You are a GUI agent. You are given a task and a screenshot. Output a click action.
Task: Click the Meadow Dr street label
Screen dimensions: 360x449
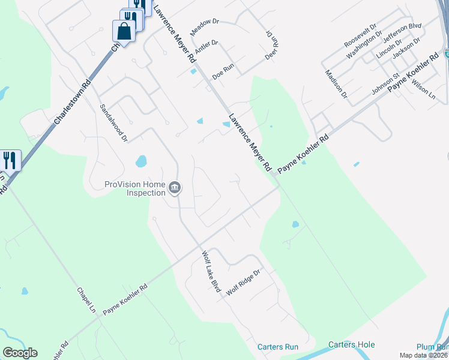pyautogui.click(x=205, y=26)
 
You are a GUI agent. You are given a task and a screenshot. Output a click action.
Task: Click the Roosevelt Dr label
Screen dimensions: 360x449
pyautogui.click(x=360, y=37)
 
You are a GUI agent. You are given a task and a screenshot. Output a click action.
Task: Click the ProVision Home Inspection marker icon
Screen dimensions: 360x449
pyautogui.click(x=174, y=188)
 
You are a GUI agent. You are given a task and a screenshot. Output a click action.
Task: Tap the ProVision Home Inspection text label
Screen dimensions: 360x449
pyautogui.click(x=135, y=188)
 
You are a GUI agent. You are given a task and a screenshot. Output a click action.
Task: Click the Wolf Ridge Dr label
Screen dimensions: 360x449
pyautogui.click(x=243, y=281)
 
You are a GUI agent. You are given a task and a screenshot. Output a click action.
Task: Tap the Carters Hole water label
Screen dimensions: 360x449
pyautogui.click(x=351, y=344)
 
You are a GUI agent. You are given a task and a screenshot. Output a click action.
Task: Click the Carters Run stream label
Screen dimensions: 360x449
pyautogui.click(x=277, y=347)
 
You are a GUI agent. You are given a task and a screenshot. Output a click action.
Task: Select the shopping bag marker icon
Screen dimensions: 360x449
pyautogui.click(x=124, y=31)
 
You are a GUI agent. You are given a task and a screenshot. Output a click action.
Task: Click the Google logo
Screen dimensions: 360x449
pyautogui.click(x=20, y=353)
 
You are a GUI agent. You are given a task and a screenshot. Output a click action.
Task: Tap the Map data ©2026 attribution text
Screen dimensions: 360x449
pyautogui.click(x=424, y=355)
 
